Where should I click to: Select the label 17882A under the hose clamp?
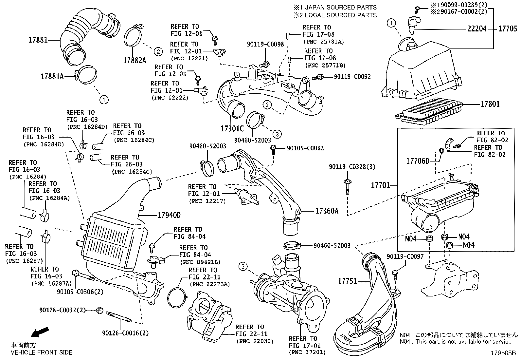pyautogui.click(x=135, y=61)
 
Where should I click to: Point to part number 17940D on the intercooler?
pyautogui.click(x=169, y=216)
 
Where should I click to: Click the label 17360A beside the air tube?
pyautogui.click(x=327, y=211)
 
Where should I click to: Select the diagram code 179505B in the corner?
pyautogui.click(x=503, y=353)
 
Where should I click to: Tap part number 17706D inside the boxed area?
pyautogui.click(x=418, y=161)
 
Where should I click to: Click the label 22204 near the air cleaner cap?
pyautogui.click(x=477, y=29)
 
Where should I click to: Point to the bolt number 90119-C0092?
pyautogui.click(x=352, y=77)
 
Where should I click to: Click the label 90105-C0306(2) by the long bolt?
pyautogui.click(x=76, y=292)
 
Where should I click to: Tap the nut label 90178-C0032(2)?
pyautogui.click(x=63, y=310)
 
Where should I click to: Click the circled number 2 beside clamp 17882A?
pyautogui.click(x=158, y=51)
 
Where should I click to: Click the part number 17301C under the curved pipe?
pyautogui.click(x=233, y=128)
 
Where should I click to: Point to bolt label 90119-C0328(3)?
pyautogui.click(x=352, y=167)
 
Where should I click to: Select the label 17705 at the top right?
pyautogui.click(x=508, y=29)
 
